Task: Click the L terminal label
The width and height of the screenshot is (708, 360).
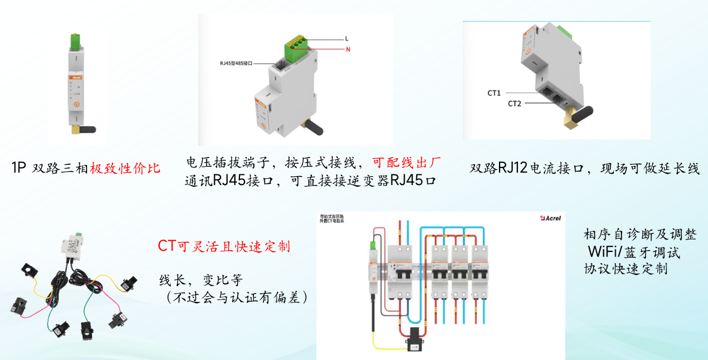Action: coord(347,39)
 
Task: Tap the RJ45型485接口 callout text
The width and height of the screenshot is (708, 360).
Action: coord(236,64)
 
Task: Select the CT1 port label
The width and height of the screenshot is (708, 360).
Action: coord(494,93)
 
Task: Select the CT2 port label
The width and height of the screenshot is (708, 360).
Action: coord(514,103)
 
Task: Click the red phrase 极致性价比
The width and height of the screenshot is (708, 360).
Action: coord(125,168)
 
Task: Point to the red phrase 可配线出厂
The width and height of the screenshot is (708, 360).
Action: coord(405,162)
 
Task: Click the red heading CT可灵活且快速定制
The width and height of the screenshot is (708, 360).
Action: coord(224,246)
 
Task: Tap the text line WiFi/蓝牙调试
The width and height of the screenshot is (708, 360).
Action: coord(633,251)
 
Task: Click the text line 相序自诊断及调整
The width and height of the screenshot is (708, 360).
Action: coord(640,234)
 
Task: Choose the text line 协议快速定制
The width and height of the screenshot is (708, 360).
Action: coord(625,268)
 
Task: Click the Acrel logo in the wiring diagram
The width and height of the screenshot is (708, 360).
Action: coord(550,219)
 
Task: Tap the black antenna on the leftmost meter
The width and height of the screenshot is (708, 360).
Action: coord(83,130)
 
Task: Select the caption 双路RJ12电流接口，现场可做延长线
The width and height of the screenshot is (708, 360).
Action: coord(584,169)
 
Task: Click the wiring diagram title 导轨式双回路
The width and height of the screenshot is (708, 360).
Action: coord(332,216)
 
